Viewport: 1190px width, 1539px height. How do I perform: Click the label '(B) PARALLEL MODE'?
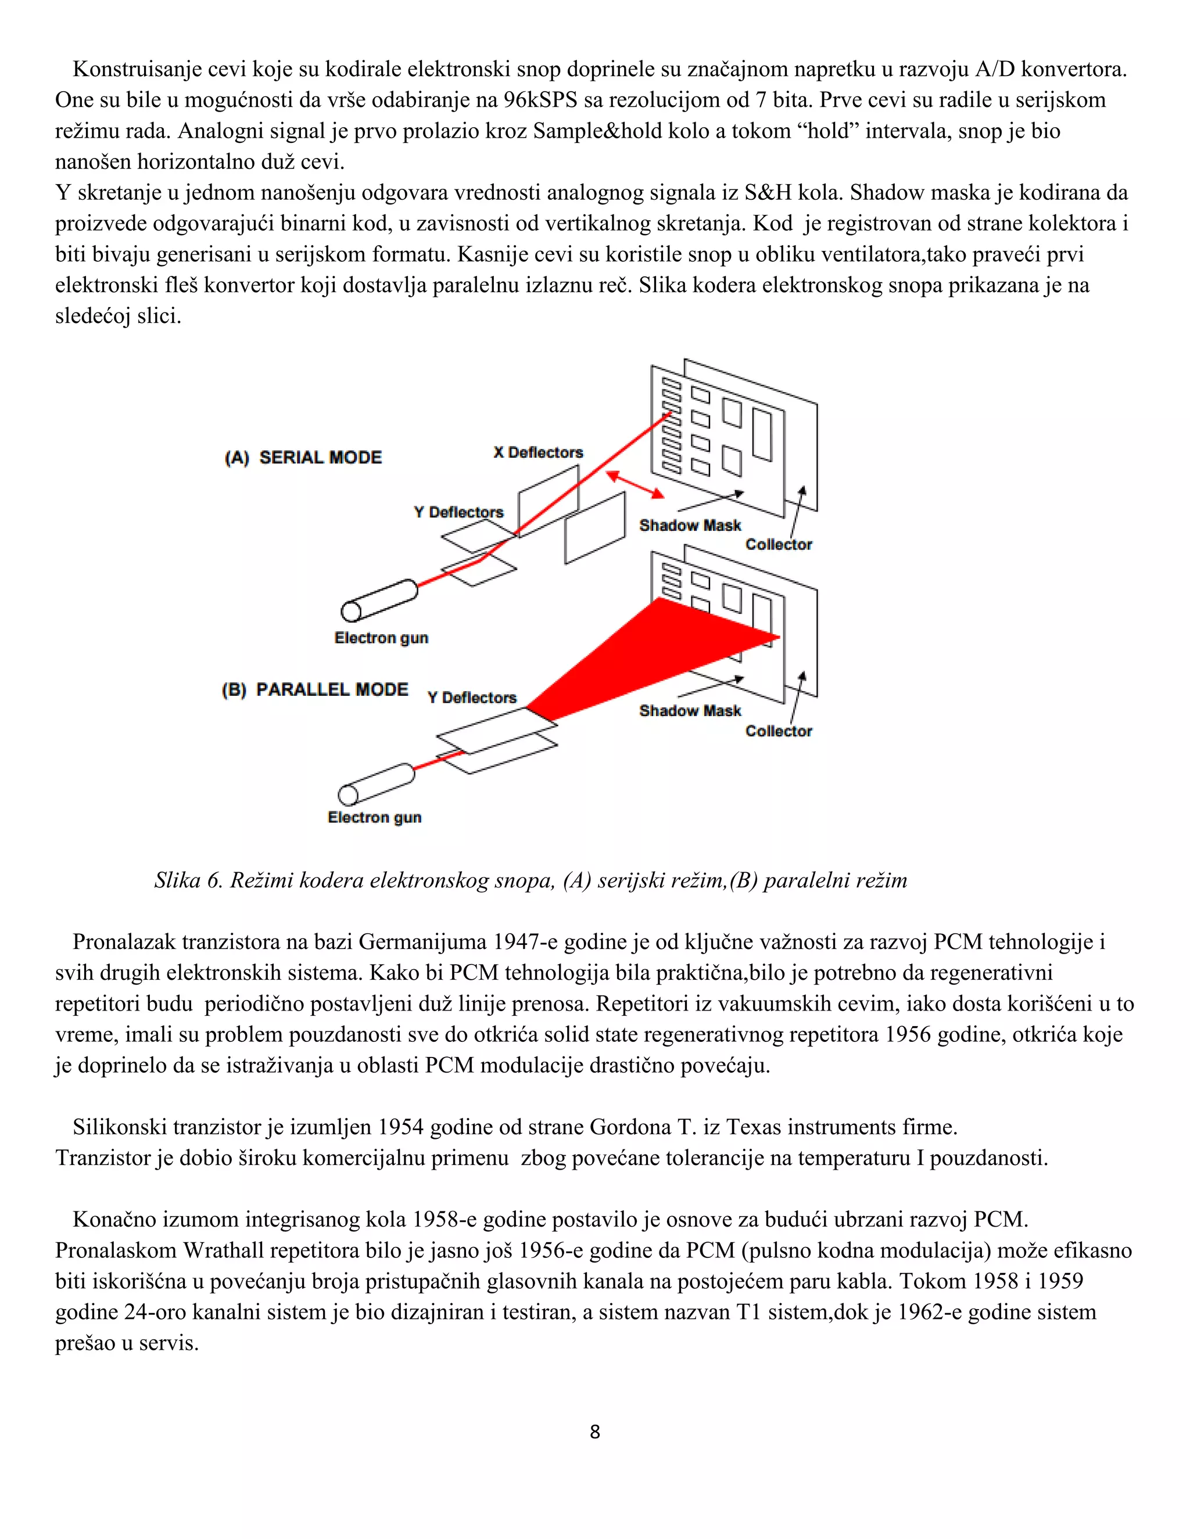click(314, 689)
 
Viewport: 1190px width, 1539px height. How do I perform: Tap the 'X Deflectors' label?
click(538, 452)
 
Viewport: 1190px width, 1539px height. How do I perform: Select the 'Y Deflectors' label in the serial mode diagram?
click(458, 512)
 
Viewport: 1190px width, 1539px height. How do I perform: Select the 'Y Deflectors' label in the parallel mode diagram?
click(472, 697)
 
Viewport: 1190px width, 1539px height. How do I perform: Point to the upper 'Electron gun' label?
click(381, 638)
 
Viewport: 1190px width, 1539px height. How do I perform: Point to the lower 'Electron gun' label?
click(374, 818)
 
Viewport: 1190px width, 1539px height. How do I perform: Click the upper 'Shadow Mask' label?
click(690, 526)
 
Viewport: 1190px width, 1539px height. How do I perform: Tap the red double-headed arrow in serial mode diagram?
click(635, 485)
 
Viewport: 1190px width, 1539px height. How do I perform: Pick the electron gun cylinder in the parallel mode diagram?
click(377, 783)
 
